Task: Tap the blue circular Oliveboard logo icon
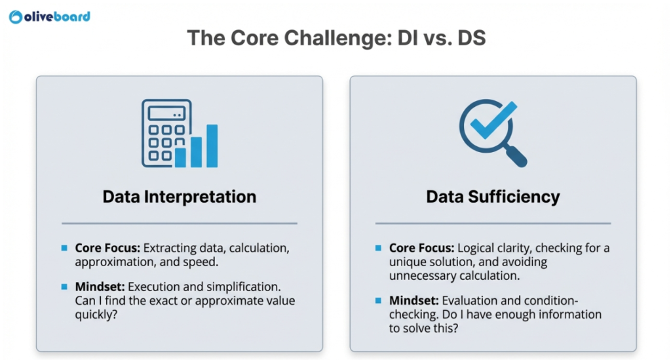coord(16,17)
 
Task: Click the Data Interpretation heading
coord(179,196)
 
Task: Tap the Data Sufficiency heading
coord(493,196)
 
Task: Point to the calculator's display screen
coord(166,113)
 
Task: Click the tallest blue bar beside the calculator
coord(212,145)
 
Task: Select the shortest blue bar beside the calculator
coord(180,157)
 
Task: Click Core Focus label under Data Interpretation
coord(107,249)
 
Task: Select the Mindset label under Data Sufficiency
coord(414,301)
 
